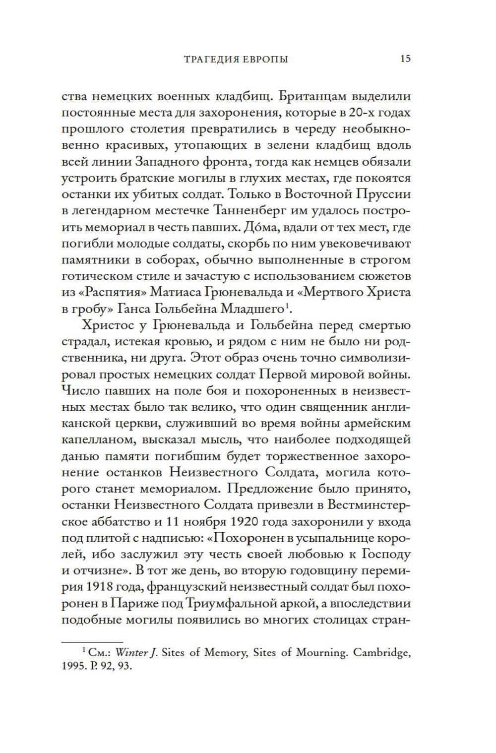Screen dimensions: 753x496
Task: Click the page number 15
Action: (x=405, y=59)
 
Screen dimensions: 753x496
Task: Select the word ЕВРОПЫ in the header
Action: (x=259, y=60)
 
